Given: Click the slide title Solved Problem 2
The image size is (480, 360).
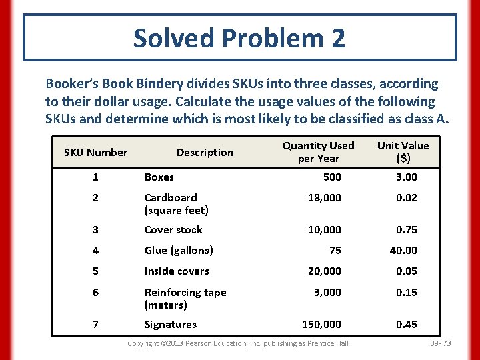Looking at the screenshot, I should tap(239, 38).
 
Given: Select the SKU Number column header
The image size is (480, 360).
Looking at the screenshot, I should tap(95, 152).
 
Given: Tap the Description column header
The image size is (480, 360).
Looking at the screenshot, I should tap(205, 152).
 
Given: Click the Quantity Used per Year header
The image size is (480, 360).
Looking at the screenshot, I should tap(319, 152).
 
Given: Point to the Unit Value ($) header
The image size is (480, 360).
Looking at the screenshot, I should tap(403, 152).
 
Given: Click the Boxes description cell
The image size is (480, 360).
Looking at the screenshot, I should tap(159, 177).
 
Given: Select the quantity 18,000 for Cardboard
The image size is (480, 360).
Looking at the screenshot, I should tap(324, 197).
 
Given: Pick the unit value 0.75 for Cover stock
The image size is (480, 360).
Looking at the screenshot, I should tap(406, 229).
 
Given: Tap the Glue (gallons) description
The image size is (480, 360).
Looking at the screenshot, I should tap(179, 250).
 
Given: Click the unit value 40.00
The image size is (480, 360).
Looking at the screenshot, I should tap(403, 250).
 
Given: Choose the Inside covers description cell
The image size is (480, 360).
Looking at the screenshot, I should tap(177, 271).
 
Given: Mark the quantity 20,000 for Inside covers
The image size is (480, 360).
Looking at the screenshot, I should tap(324, 271).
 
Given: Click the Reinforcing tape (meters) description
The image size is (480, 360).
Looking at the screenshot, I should tap(185, 299).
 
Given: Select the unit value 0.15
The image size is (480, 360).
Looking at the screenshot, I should tap(406, 292).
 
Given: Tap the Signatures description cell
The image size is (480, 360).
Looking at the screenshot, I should tap(171, 324).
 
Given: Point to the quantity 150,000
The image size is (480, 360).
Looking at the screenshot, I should tap(321, 324).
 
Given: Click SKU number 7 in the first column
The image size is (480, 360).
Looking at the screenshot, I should tap(95, 324).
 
